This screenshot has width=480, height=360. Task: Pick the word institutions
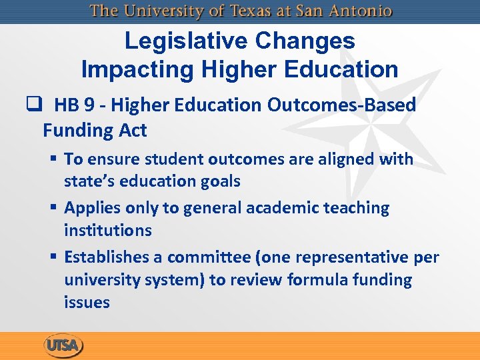108,231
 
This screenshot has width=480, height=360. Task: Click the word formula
312,280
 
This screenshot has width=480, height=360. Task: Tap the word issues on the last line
87,303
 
